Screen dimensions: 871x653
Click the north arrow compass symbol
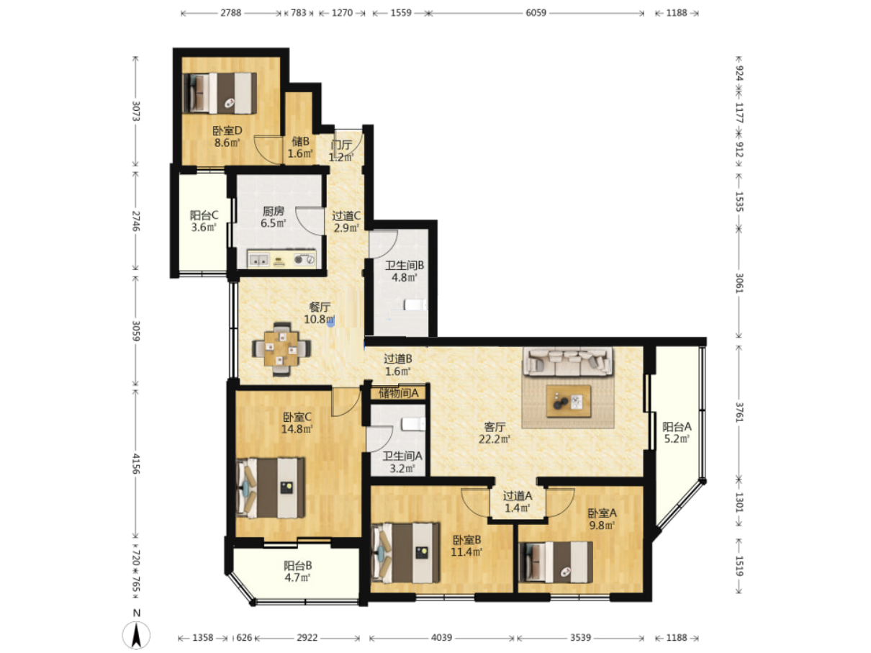click(x=136, y=634)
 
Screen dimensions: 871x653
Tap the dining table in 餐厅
click(x=281, y=348)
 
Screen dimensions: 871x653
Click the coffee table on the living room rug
click(x=568, y=401)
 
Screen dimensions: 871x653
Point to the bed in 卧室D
click(x=220, y=93)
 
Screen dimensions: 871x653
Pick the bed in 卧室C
click(x=271, y=488)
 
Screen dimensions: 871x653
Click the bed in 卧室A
click(x=556, y=562)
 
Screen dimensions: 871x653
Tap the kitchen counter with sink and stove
click(x=281, y=259)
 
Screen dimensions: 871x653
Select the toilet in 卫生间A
click(x=413, y=424)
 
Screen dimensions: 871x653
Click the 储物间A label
click(x=398, y=393)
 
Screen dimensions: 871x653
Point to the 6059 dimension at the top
click(x=536, y=13)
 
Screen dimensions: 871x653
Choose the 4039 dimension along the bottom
click(x=441, y=638)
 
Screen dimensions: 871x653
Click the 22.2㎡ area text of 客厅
click(x=494, y=439)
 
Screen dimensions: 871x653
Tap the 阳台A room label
click(x=677, y=427)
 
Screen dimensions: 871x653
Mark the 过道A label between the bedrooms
click(x=518, y=496)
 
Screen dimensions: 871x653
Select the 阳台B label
click(x=297, y=565)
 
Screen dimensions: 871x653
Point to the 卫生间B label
click(x=405, y=266)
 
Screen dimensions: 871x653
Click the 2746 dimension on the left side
click(x=136, y=221)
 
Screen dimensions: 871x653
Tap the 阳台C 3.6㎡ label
click(x=204, y=221)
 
